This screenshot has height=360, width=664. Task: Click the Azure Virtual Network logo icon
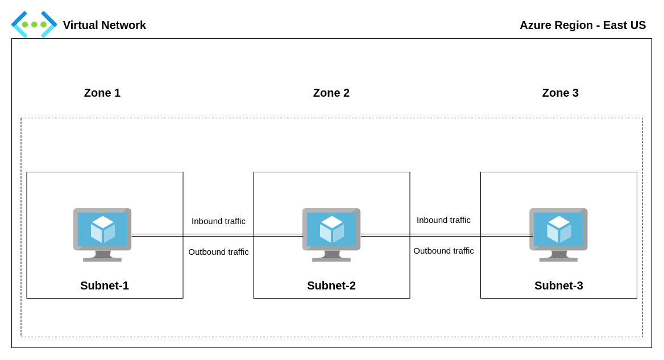tap(34, 24)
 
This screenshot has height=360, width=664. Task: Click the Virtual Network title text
tap(104, 25)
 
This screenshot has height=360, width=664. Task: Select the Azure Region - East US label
tap(582, 25)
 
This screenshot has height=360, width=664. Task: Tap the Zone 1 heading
tap(102, 93)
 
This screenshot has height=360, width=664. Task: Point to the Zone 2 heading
tap(331, 93)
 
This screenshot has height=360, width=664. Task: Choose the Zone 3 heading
tap(560, 93)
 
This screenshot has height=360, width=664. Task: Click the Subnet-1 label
tap(105, 285)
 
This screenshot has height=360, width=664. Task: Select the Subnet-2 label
tap(331, 285)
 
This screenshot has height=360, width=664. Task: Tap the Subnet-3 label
tap(558, 285)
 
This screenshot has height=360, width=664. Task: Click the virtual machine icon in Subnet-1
tap(102, 234)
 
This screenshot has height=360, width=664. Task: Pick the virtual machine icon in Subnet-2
tap(331, 234)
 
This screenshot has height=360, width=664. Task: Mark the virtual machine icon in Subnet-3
tap(558, 234)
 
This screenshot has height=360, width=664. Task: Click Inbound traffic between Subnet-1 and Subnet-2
tap(218, 221)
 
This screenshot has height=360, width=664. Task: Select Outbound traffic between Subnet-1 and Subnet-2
tap(218, 252)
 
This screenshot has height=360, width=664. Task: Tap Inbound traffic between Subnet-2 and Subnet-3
tap(443, 220)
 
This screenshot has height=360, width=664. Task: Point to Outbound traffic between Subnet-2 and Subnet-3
tap(443, 251)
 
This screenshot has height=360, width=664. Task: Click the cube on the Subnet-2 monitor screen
tap(332, 229)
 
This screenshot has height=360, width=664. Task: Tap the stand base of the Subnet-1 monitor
tap(102, 259)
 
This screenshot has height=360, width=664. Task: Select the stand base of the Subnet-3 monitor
tap(558, 259)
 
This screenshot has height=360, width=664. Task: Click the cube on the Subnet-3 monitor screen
tap(559, 229)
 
